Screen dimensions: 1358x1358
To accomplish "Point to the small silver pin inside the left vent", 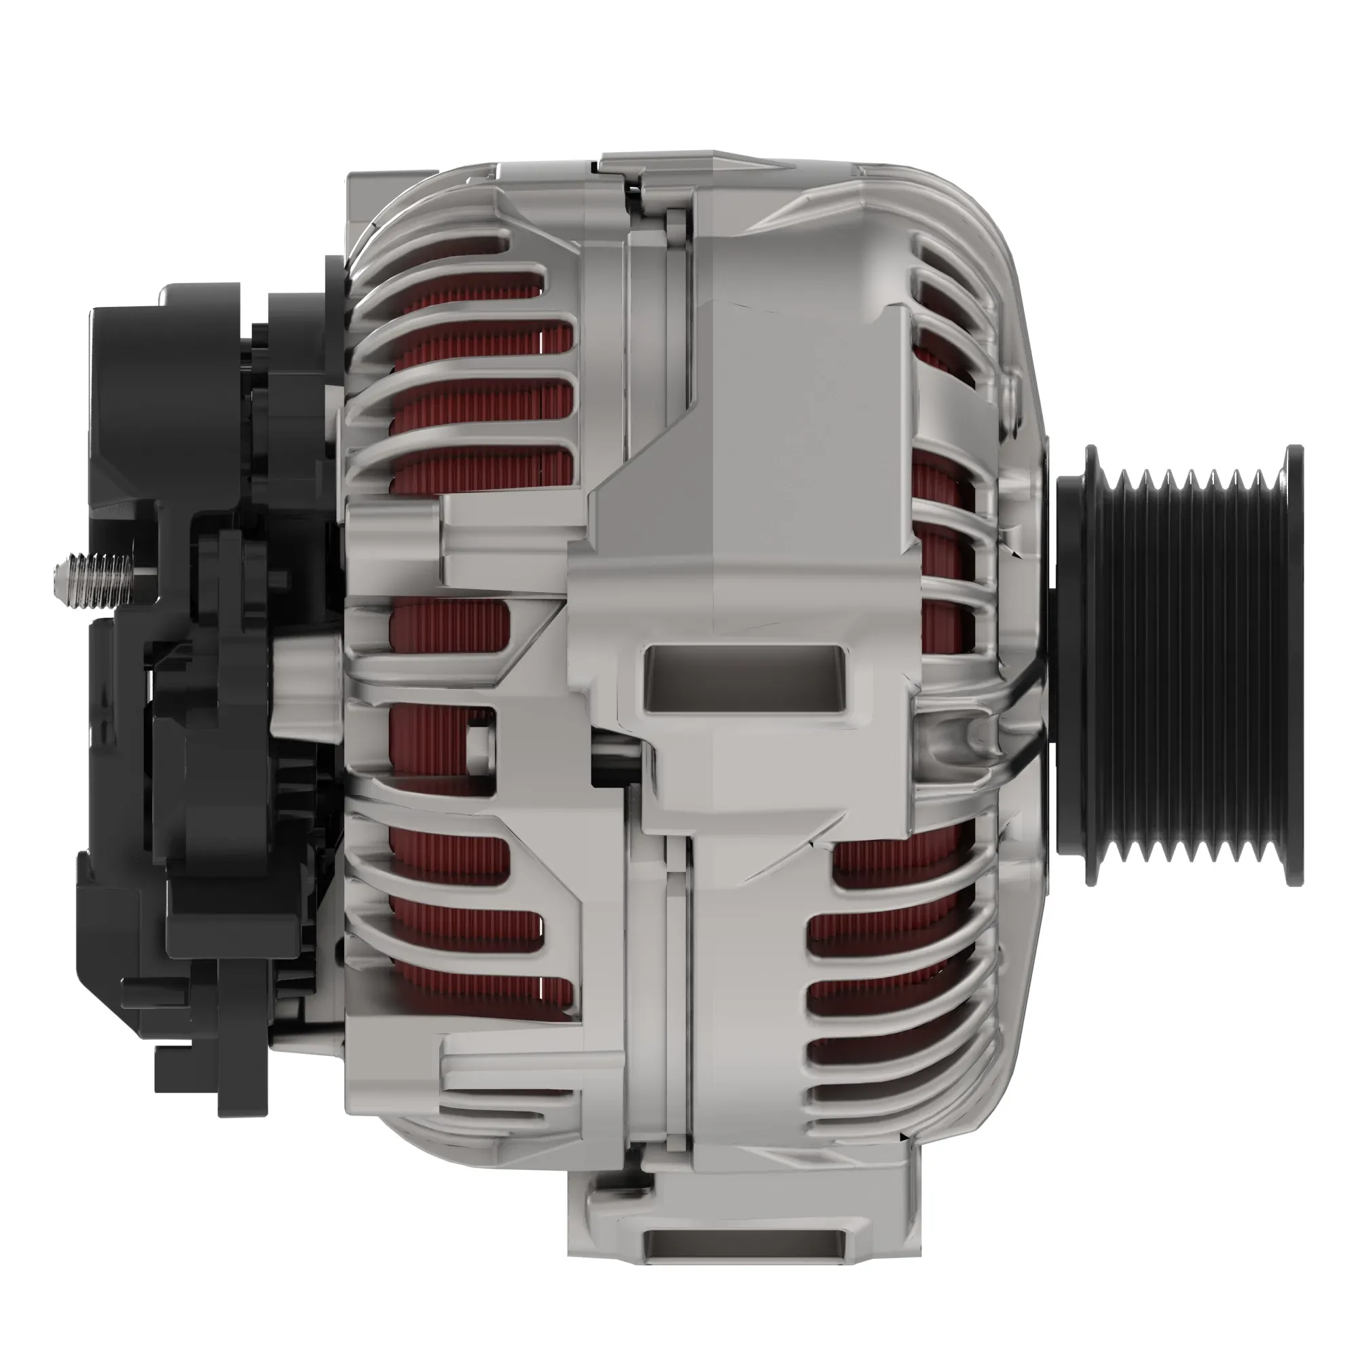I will [x=479, y=738].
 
